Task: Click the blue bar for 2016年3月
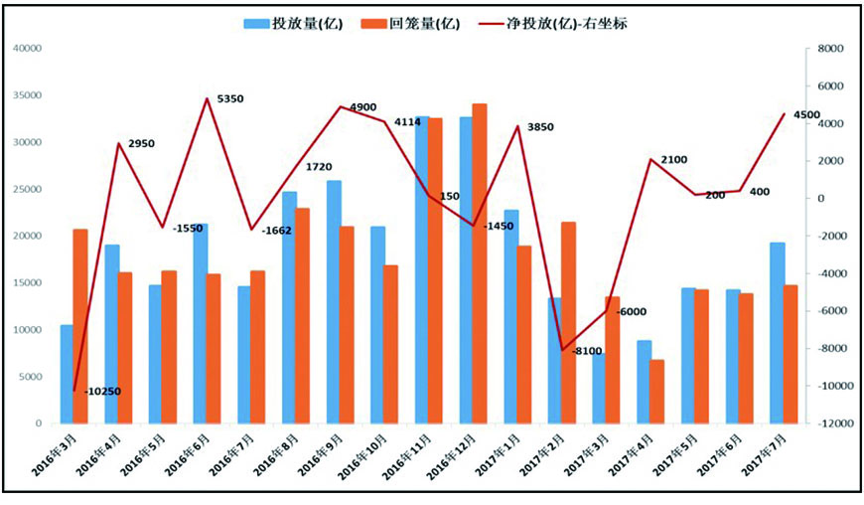click(x=67, y=374)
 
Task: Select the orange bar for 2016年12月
click(x=480, y=263)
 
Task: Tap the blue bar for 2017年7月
click(x=778, y=333)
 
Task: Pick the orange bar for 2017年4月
click(x=656, y=392)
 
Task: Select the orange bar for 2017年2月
click(x=568, y=322)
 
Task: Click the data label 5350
click(x=229, y=99)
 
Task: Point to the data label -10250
click(x=103, y=391)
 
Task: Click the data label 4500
click(x=806, y=115)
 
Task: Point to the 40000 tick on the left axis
click(x=29, y=48)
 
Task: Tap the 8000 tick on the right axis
click(x=831, y=48)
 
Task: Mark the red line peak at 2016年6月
click(x=207, y=98)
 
